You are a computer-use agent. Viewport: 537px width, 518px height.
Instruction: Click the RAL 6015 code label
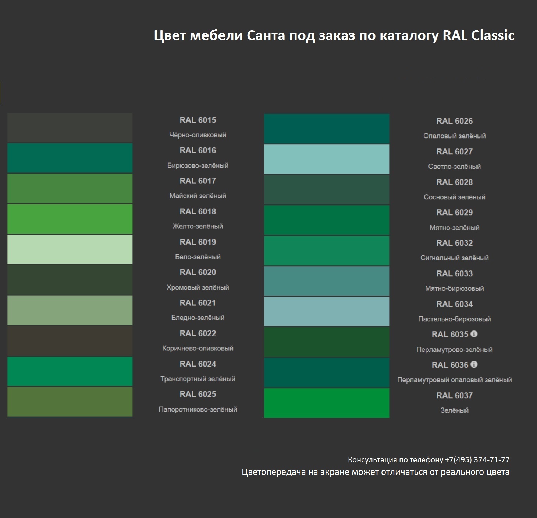198,120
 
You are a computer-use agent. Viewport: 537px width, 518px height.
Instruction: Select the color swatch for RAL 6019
70,249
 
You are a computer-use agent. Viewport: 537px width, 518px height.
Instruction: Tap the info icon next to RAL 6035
474,334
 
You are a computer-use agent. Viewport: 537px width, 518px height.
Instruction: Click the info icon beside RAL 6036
474,365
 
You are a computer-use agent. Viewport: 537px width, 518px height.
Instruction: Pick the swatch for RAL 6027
327,159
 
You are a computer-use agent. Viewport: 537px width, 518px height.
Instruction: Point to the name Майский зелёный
198,196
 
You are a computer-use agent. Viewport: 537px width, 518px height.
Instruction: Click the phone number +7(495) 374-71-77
477,460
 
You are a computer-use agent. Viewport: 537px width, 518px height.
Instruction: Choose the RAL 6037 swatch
327,403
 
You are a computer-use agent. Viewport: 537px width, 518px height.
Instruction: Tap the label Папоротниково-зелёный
198,409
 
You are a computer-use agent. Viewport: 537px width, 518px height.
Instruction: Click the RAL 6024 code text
198,364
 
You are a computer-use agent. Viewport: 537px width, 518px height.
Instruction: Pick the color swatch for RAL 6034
327,312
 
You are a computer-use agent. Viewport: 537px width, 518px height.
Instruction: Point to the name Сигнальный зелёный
455,258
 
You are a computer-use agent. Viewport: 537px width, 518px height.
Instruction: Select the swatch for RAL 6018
70,219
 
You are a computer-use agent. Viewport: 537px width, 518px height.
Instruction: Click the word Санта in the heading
266,35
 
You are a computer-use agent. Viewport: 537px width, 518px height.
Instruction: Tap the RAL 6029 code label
455,213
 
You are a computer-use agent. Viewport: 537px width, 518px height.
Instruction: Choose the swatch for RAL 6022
70,341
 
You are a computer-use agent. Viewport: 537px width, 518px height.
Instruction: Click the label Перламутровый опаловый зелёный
455,380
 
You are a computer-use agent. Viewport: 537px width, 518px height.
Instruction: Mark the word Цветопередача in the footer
275,472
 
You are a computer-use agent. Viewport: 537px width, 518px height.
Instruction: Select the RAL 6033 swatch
327,281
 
